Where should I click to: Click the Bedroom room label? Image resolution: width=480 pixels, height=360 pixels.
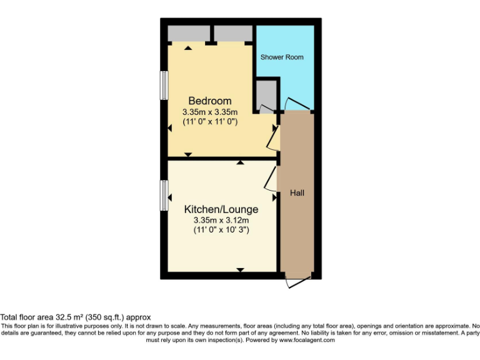pos(210,101)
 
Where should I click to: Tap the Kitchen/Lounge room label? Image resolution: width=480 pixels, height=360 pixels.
pos(221,209)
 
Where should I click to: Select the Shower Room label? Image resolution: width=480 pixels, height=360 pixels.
pos(282,57)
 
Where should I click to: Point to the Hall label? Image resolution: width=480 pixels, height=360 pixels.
pos(297,193)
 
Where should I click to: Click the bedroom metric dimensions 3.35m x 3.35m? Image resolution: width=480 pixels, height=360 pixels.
pos(210,112)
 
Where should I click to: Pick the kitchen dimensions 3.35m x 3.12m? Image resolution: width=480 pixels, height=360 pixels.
pos(221,220)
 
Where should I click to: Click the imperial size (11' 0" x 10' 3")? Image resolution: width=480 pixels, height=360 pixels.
pos(221,230)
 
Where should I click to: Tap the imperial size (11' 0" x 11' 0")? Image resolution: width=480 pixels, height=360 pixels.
pos(210,122)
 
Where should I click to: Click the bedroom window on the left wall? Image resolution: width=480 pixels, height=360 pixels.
pos(164,85)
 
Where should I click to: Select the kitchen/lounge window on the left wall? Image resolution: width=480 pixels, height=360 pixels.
pos(164,194)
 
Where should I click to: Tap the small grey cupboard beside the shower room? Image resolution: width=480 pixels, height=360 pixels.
pos(266,94)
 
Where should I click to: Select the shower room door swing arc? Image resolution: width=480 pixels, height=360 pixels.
pos(295,104)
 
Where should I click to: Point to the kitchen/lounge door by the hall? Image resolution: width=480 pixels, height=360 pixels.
pos(272,178)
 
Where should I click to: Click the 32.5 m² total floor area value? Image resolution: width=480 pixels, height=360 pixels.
pos(68,317)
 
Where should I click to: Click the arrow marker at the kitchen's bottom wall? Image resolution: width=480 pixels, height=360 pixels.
pos(240,270)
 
